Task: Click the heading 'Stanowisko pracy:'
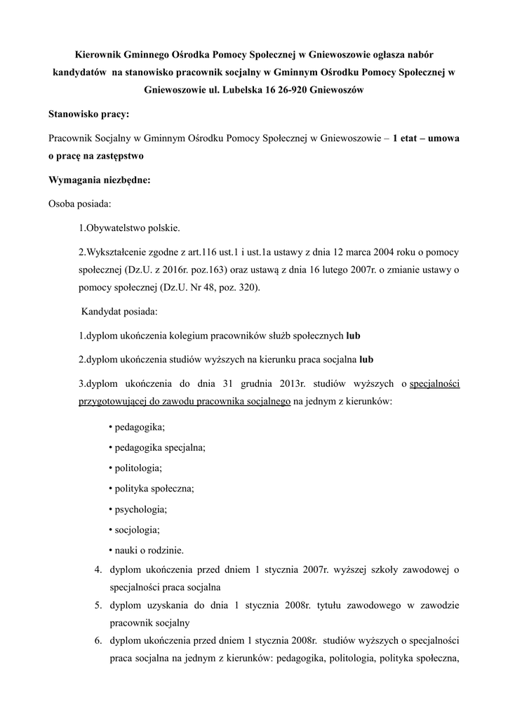(88, 113)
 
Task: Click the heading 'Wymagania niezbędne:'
(99, 179)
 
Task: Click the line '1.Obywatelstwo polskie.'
(129, 228)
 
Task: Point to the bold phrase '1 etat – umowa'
(427, 138)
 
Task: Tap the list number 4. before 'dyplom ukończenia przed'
(99, 569)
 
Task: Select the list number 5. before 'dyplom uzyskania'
(99, 605)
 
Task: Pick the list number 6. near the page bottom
(99, 640)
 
